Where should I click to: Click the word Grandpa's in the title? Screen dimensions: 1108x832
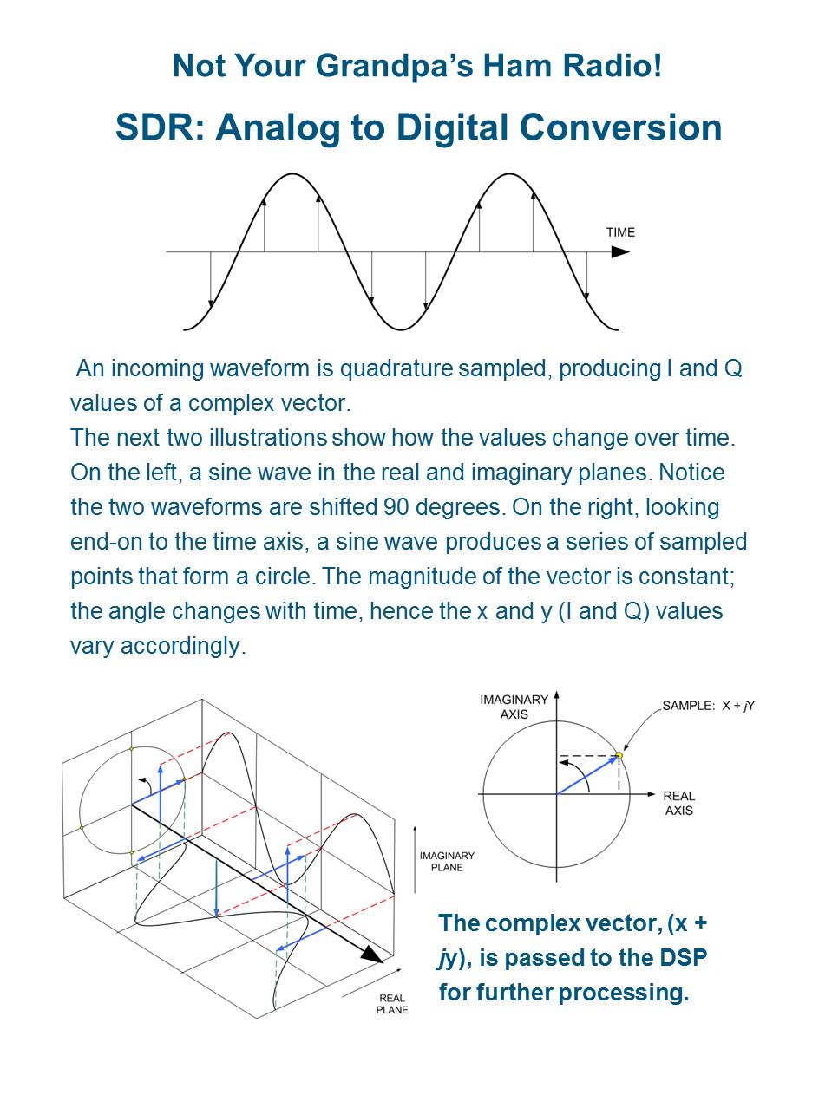377,66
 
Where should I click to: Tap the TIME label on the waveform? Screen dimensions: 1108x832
620,232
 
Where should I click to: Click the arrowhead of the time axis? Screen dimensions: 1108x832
620,252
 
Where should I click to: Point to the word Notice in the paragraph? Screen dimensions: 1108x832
691,473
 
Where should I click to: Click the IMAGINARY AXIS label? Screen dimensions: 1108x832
514,707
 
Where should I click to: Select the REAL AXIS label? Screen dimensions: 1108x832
678,803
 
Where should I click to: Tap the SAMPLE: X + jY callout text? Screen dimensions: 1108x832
708,706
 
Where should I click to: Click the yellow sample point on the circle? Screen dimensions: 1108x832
619,756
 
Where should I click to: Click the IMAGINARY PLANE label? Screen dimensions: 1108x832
447,861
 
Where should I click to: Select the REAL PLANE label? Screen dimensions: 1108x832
392,1004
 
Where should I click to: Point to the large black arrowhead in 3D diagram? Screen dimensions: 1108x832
372,954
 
